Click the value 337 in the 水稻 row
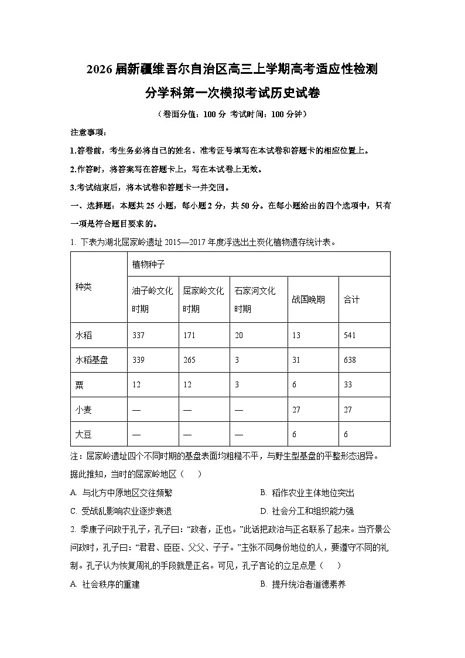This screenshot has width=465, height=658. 139,335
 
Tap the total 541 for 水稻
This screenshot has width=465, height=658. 350,335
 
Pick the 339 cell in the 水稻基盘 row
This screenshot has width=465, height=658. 139,360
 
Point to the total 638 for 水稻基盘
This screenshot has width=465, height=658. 350,360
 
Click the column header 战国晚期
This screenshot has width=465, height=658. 308,299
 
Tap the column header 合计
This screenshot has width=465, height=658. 351,299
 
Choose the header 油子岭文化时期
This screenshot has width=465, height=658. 152,299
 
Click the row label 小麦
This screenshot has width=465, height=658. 84,410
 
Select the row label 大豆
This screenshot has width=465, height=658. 84,434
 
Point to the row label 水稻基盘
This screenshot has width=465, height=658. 92,360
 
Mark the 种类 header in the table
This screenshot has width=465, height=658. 84,287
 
